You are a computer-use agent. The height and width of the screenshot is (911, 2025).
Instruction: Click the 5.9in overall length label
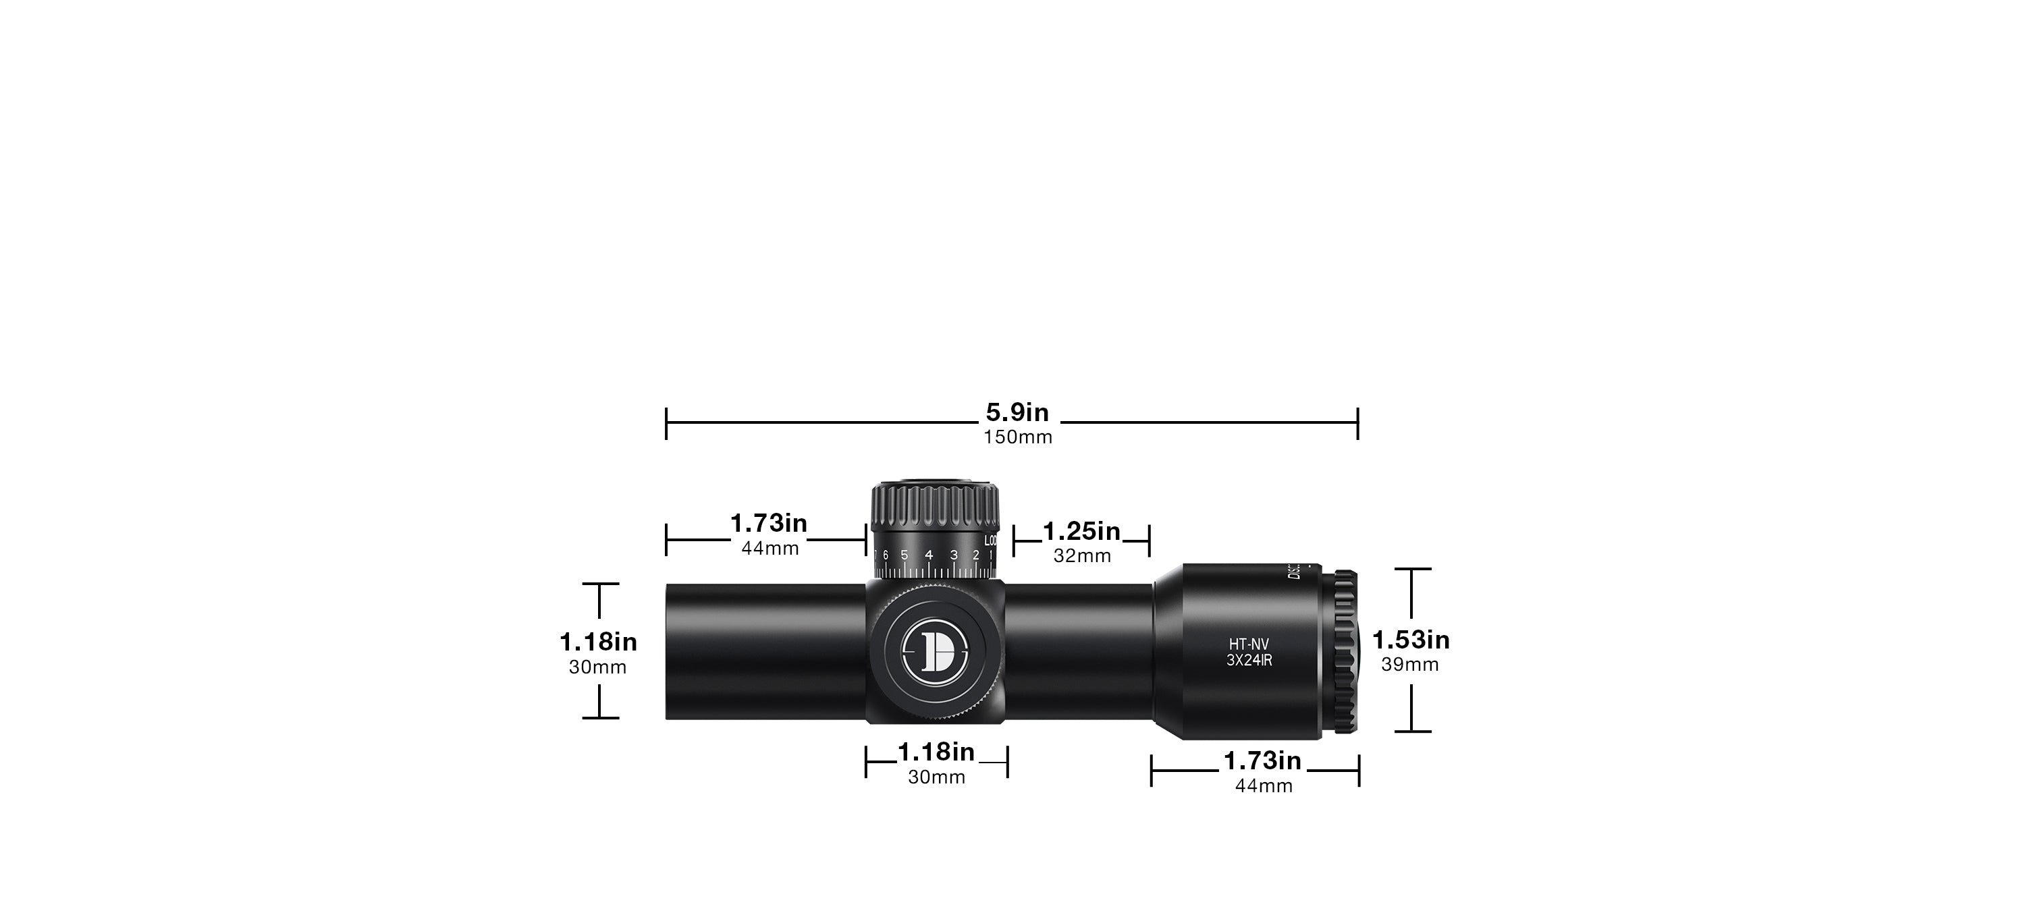[x=1017, y=413]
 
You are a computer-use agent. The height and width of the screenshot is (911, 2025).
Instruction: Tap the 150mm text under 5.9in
[x=1017, y=438]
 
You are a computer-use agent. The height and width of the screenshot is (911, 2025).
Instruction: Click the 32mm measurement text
[x=1081, y=557]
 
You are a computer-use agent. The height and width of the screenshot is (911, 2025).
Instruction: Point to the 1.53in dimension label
[x=1410, y=640]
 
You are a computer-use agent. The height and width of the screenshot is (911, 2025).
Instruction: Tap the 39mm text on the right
[x=1409, y=665]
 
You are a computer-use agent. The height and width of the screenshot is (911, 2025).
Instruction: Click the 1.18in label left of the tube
[x=598, y=643]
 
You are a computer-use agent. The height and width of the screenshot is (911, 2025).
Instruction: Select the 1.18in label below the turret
[x=936, y=753]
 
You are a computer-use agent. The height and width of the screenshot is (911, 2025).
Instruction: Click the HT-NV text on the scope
[x=1249, y=644]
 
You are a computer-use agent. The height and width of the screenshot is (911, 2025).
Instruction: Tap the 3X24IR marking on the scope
[x=1249, y=661]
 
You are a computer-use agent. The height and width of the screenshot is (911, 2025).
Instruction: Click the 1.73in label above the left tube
[x=768, y=524]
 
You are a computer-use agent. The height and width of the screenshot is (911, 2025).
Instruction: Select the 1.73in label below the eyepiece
[x=1262, y=762]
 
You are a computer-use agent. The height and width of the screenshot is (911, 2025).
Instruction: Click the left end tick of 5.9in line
[x=667, y=424]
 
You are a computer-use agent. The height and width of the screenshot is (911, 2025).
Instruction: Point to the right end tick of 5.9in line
[x=1357, y=424]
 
